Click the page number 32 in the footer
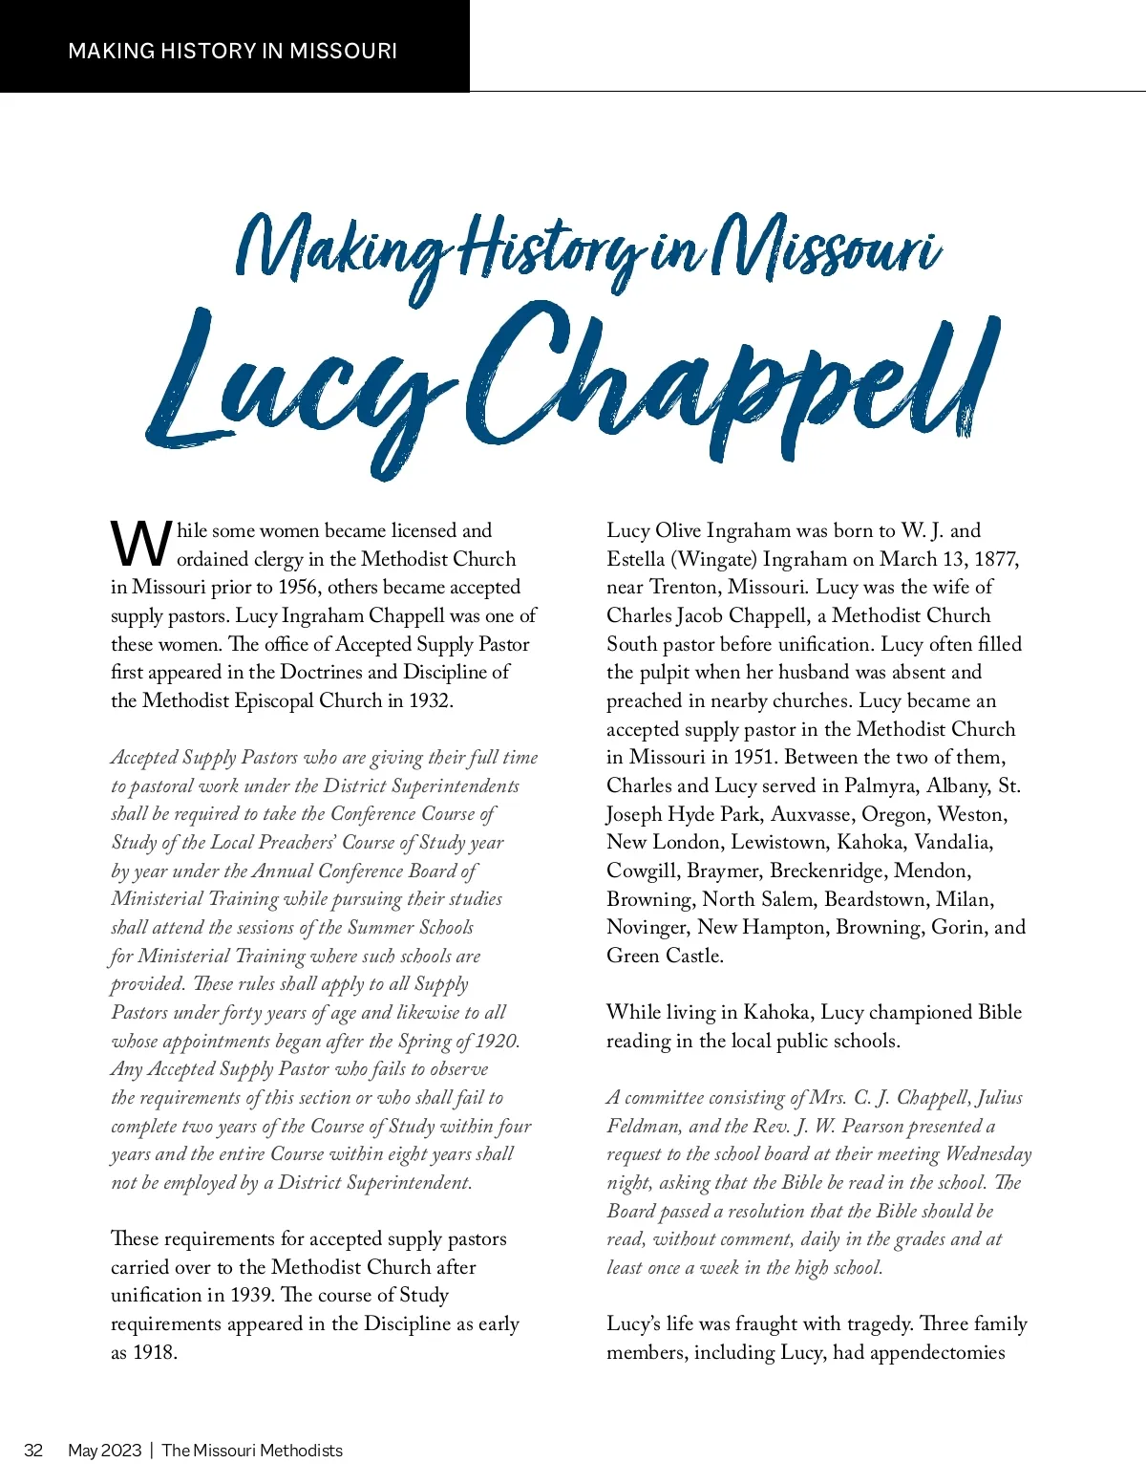(x=33, y=1451)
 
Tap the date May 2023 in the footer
(x=104, y=1451)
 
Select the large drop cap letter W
(x=141, y=544)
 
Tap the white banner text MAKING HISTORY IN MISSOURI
(x=232, y=51)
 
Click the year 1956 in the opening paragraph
(x=299, y=587)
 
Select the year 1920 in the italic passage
(x=497, y=1041)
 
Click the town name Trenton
(x=689, y=587)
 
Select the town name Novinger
(x=647, y=927)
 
